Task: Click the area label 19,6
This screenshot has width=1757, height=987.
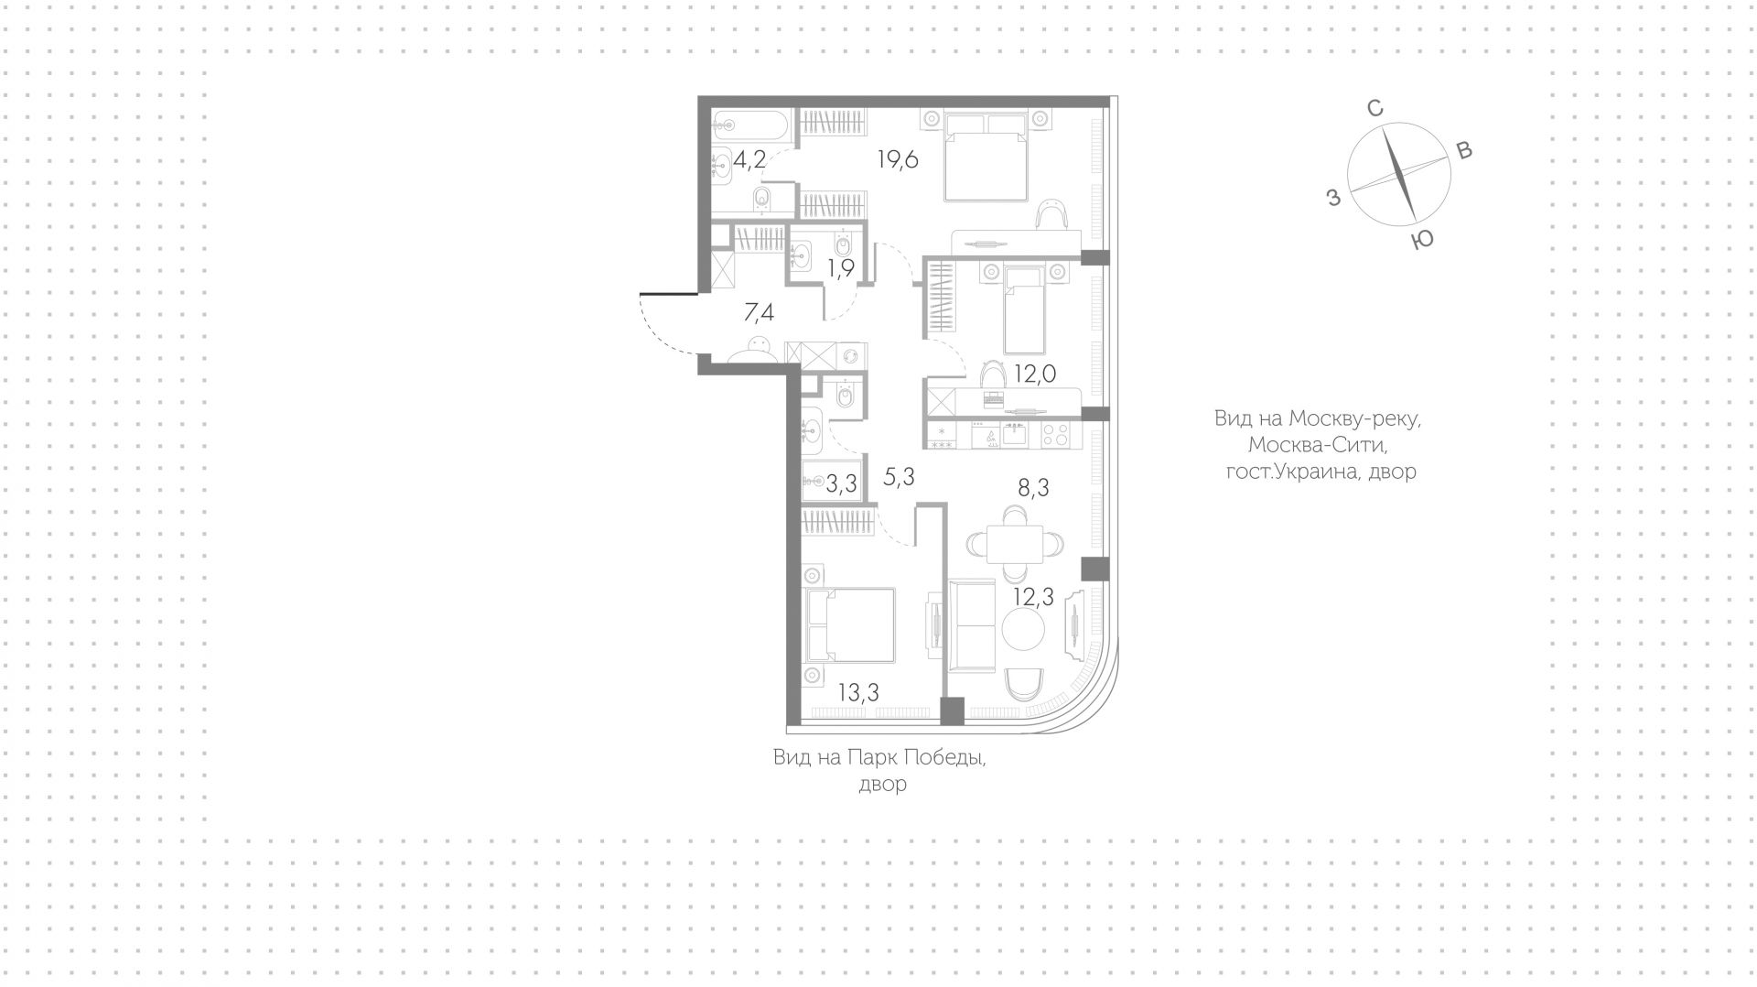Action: (x=898, y=159)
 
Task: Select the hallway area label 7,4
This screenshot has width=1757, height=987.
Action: (x=759, y=313)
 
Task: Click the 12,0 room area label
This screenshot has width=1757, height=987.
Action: (x=1035, y=374)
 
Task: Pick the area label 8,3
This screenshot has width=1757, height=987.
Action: (x=1033, y=488)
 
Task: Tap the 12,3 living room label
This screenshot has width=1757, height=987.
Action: (x=1033, y=597)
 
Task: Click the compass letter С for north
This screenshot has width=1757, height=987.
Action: (x=1374, y=108)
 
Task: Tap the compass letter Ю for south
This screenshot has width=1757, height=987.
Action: (x=1421, y=240)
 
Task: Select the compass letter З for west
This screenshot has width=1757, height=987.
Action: (x=1333, y=196)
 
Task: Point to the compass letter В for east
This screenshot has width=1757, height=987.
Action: (x=1463, y=151)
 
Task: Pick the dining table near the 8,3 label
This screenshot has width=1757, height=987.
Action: (x=1014, y=544)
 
